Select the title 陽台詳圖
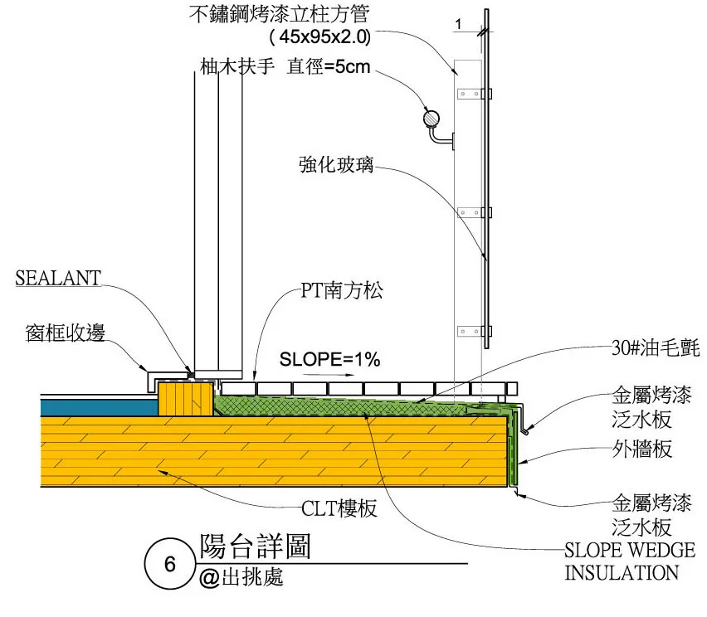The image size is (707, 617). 255,546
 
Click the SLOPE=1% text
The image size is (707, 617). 329,360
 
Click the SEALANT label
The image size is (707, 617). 57,279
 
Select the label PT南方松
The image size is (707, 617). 337,292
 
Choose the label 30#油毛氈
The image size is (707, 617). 655,349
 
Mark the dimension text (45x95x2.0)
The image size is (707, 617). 319,37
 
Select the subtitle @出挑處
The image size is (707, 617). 241,577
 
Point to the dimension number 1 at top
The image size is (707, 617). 457,25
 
